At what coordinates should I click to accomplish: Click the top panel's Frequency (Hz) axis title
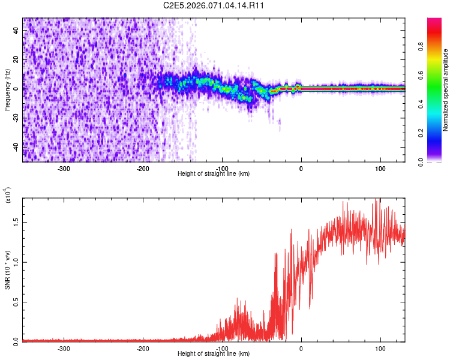[8, 89]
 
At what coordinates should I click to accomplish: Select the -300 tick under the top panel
[64, 168]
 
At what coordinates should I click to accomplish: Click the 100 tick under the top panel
[380, 168]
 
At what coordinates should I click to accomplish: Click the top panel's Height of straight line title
[214, 174]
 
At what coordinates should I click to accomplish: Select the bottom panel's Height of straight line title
[214, 354]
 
